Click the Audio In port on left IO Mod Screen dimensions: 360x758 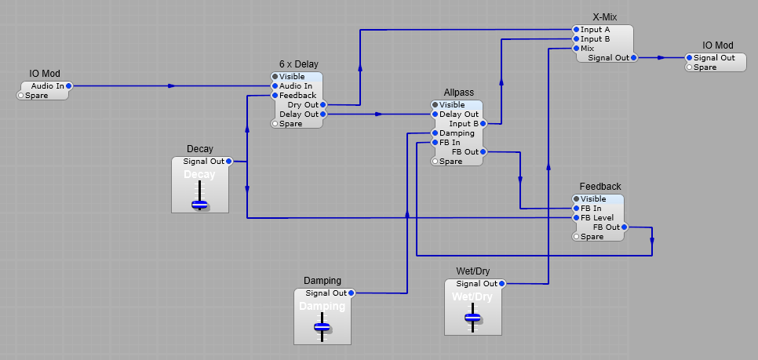tap(70, 85)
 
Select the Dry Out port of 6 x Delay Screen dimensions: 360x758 tap(323, 104)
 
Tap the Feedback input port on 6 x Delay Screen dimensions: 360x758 tap(275, 96)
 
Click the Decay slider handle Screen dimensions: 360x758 tap(200, 204)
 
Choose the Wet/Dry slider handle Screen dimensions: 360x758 tap(472, 318)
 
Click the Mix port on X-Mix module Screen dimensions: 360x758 tap(576, 49)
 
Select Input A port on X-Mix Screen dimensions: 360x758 tap(576, 30)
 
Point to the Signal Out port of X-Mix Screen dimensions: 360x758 tap(634, 57)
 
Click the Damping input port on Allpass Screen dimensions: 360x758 tap(435, 133)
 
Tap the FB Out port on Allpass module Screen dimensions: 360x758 tap(483, 152)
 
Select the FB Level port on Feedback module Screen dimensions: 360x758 tap(576, 218)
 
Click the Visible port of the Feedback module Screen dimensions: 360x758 tap(576, 199)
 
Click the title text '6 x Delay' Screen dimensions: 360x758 tap(298, 64)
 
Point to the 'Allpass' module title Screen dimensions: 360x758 tap(458, 93)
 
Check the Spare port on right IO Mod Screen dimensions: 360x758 tap(689, 67)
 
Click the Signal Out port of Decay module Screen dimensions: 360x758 tap(229, 162)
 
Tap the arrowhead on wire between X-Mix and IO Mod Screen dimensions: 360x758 tap(661, 57)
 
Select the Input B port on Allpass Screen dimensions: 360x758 tap(483, 124)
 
